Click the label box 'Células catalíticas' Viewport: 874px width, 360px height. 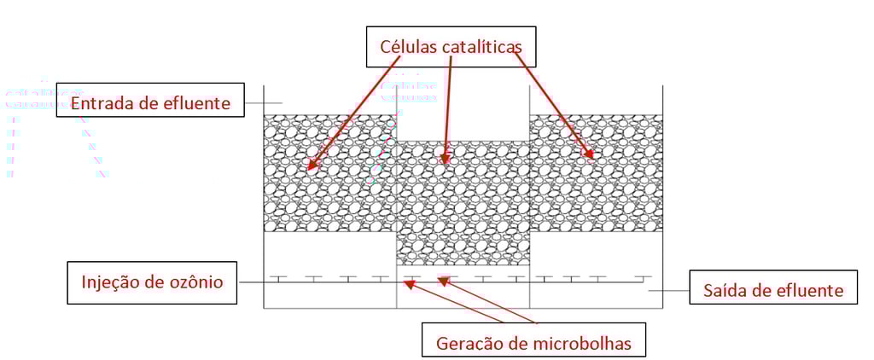[x=452, y=47]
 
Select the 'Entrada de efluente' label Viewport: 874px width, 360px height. [x=150, y=103]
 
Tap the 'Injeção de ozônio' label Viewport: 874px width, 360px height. [x=151, y=282]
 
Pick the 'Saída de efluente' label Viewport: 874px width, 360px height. [x=773, y=290]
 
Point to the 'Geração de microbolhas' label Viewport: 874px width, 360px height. [x=533, y=343]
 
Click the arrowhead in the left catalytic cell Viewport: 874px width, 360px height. [x=311, y=166]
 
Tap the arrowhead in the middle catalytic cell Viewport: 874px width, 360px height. [x=445, y=160]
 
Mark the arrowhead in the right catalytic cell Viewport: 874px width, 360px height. [x=590, y=155]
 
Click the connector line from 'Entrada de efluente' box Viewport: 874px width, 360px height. [x=253, y=103]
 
